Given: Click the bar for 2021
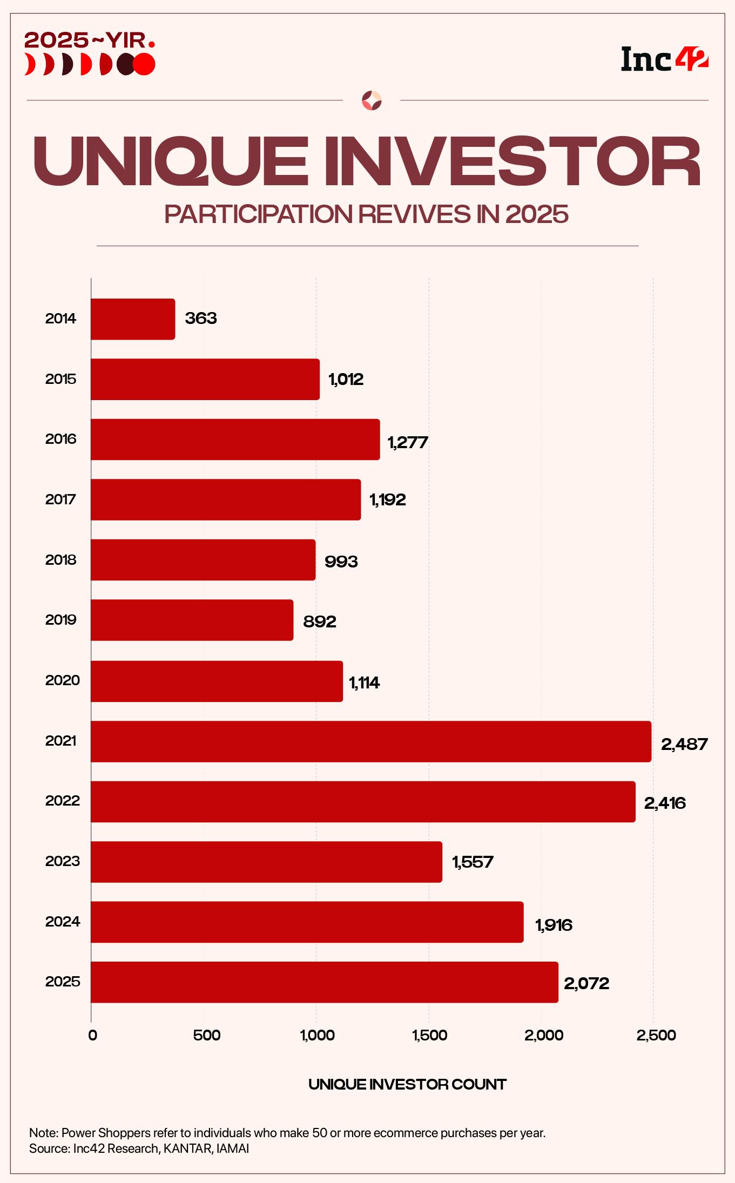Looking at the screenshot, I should click(370, 741).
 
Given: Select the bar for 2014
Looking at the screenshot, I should click(133, 319).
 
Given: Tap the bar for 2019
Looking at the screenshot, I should click(192, 620).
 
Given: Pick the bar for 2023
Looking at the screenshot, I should click(266, 861).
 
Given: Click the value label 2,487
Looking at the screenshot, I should click(684, 745).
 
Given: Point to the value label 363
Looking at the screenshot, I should click(200, 319).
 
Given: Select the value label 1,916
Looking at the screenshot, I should click(554, 925).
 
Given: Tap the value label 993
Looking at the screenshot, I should click(341, 562).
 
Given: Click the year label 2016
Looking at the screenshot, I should click(60, 439).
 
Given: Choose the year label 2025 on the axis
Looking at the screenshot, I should click(62, 982).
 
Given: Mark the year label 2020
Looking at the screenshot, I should click(62, 680).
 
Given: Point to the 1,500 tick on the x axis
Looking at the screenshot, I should click(429, 1036).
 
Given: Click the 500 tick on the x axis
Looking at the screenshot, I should click(206, 1036).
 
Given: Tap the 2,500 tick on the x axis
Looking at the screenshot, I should click(656, 1036).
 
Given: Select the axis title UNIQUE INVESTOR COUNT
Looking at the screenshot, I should click(407, 1084).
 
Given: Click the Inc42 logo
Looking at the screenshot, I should click(664, 59).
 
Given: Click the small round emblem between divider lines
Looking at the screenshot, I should click(372, 100).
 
